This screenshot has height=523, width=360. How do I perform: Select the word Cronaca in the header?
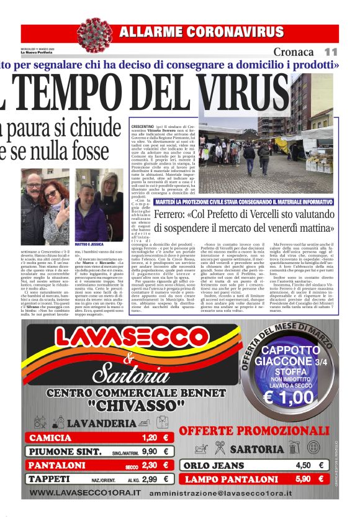(x=294, y=52)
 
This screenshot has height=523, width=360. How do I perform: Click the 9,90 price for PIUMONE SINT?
(x=150, y=452)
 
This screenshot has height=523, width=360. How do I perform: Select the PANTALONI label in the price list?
(x=56, y=465)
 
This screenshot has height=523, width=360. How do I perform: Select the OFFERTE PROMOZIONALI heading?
(x=254, y=430)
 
